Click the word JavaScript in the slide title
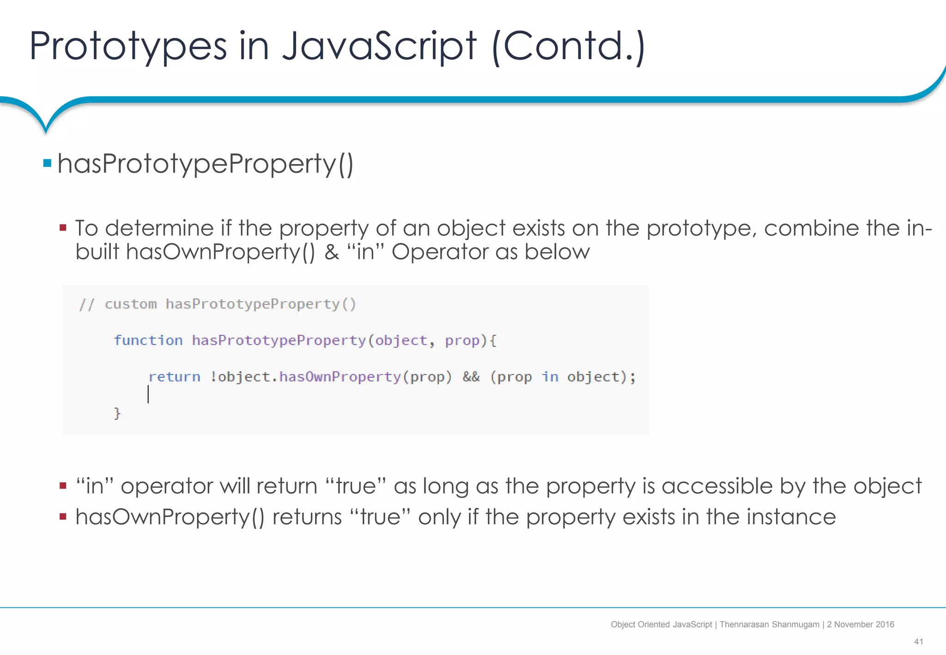pyautogui.click(x=379, y=46)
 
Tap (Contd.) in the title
pyautogui.click(x=568, y=46)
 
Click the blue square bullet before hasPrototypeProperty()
pyautogui.click(x=47, y=163)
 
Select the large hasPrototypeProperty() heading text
pyautogui.click(x=206, y=164)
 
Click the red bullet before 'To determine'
pyautogui.click(x=63, y=228)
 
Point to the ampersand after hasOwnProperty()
pyautogui.click(x=332, y=252)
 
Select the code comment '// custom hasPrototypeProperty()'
pyautogui.click(x=217, y=304)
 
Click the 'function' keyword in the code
pyautogui.click(x=148, y=340)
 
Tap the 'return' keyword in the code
pyautogui.click(x=174, y=377)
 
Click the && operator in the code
pyautogui.click(x=471, y=377)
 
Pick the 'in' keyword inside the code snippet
pyautogui.click(x=550, y=377)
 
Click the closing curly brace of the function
pyautogui.click(x=117, y=413)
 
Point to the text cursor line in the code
pyautogui.click(x=148, y=394)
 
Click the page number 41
pyautogui.click(x=918, y=642)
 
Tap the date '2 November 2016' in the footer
pyautogui.click(x=861, y=625)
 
